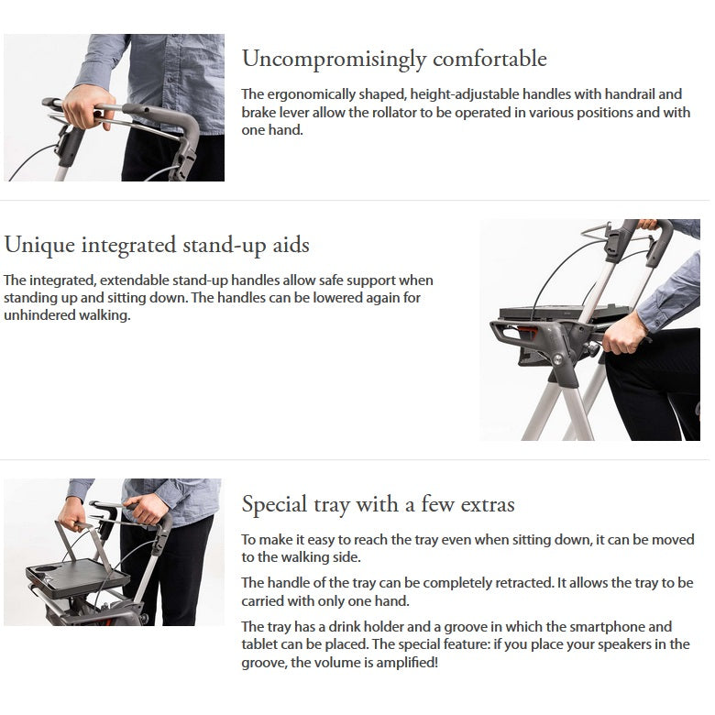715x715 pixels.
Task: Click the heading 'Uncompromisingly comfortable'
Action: [394, 60]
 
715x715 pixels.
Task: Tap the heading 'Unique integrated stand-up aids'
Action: [157, 246]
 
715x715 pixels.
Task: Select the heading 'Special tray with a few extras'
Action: [378, 505]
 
